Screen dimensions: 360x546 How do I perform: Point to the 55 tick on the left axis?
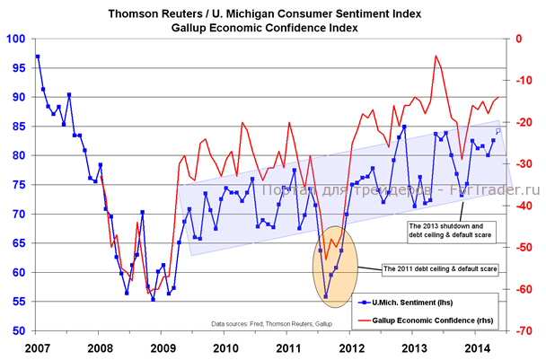tap(19, 302)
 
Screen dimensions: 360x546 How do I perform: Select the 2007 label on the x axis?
tap(37, 347)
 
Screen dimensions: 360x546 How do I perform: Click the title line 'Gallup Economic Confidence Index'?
tap(273, 28)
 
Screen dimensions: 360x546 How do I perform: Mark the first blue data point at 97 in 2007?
tap(37, 57)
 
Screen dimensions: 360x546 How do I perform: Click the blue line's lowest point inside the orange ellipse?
tap(325, 296)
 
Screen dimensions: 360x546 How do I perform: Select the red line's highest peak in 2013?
tap(436, 56)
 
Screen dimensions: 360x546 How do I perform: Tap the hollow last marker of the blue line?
tap(498, 131)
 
